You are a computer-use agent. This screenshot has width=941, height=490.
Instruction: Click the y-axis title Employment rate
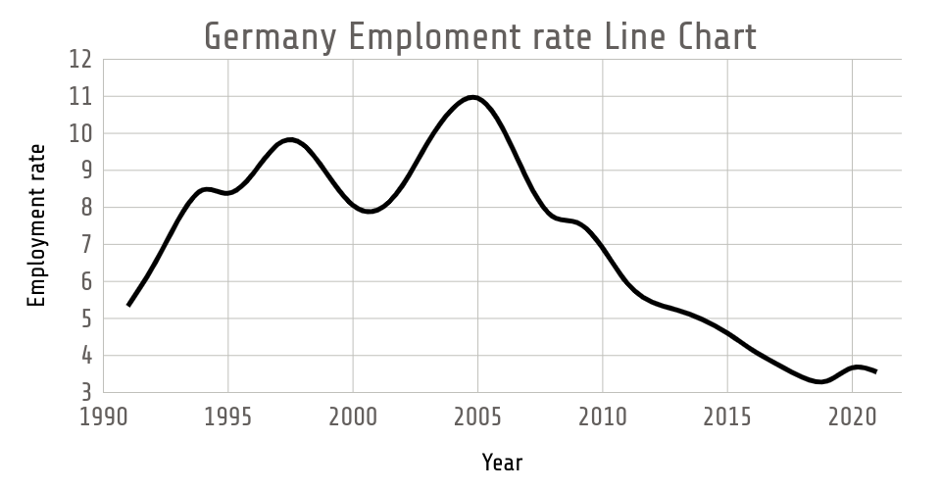pos(37,225)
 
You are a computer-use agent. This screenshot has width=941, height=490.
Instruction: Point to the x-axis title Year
pos(502,462)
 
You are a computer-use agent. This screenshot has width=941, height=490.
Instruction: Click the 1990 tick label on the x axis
pos(104,416)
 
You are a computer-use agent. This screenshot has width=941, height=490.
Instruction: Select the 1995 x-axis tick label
pos(228,416)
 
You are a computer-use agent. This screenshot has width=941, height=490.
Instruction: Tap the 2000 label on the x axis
pos(353,416)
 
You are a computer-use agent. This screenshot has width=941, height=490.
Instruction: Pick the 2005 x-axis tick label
pos(477,416)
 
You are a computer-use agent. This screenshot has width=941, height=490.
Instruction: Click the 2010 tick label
pos(602,416)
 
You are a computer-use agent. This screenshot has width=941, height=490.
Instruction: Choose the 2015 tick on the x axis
pos(726,416)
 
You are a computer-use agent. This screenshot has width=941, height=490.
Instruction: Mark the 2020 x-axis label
pos(851,416)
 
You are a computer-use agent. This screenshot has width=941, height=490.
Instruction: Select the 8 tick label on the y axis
pos(85,208)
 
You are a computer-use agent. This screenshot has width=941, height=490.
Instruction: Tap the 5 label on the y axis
pos(85,318)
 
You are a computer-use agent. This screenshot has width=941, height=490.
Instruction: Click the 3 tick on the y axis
pos(85,392)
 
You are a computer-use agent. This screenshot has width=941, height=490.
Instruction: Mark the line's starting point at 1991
pos(129,305)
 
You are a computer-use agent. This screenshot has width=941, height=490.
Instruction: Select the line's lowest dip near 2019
pos(819,381)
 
